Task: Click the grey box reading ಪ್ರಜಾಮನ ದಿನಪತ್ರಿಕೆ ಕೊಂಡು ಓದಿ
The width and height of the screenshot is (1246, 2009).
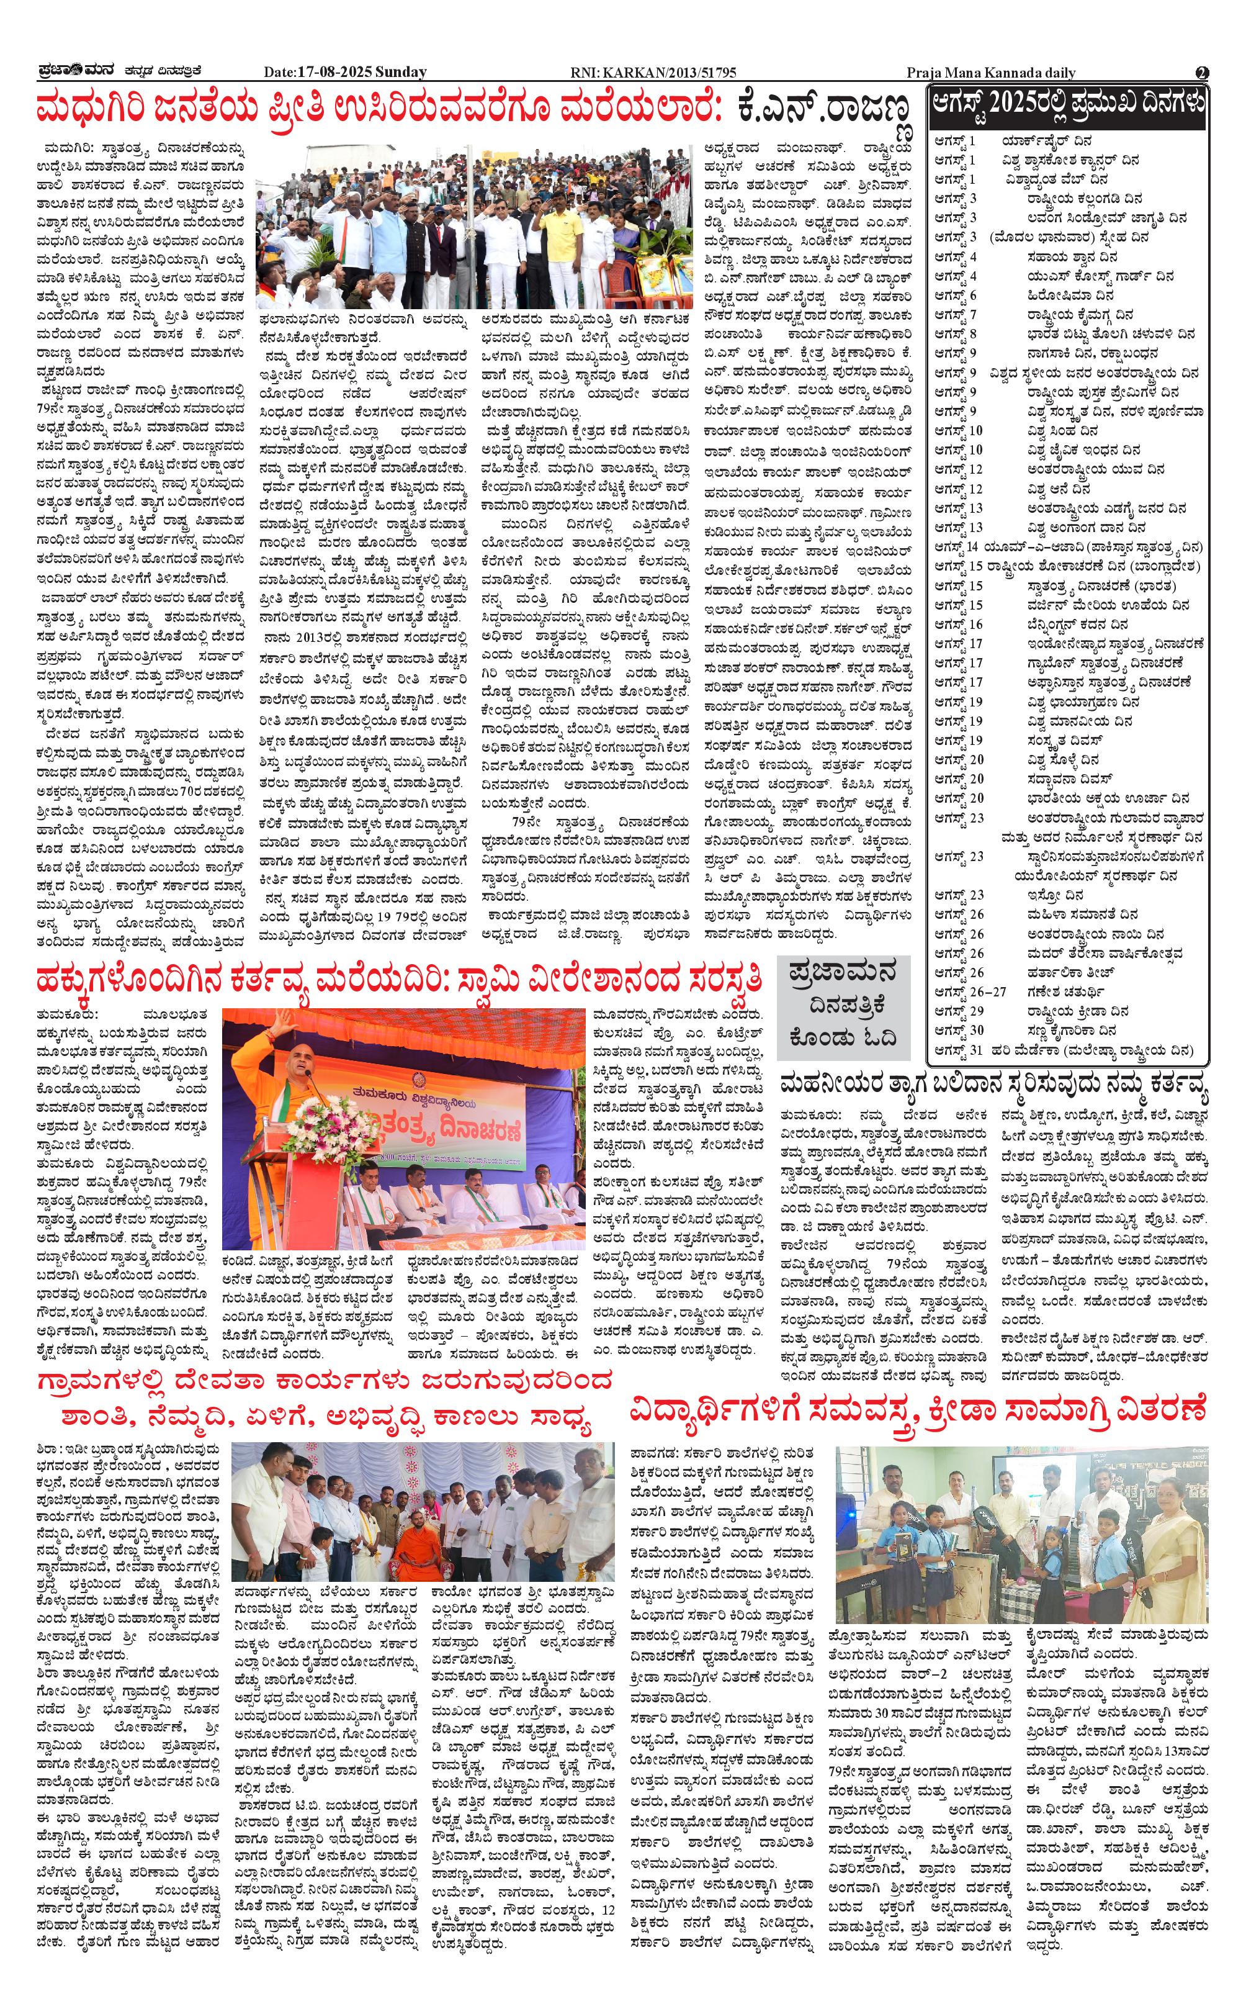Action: [843, 1008]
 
